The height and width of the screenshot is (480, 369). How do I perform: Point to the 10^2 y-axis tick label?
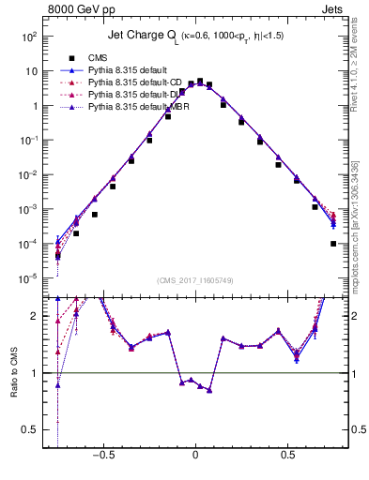[28, 37]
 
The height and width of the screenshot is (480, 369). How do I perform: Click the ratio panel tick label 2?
[36, 316]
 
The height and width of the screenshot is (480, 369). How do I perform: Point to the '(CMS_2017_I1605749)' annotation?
[195, 280]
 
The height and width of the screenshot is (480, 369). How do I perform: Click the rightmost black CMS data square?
[333, 244]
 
